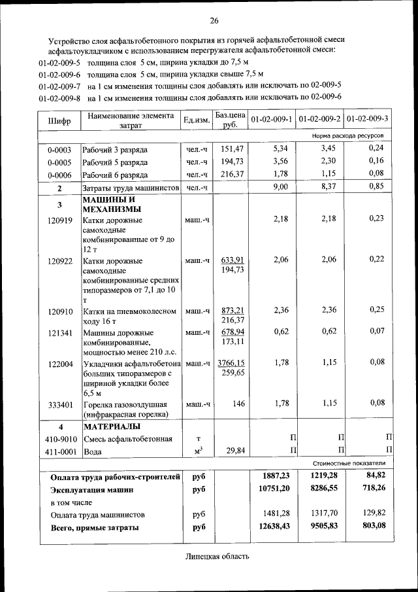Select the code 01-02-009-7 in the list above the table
(x=59, y=86)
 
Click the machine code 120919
(x=59, y=219)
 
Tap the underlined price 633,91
(x=232, y=260)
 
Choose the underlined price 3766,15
(x=231, y=362)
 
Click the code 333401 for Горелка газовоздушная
(x=59, y=404)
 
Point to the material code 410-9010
(x=59, y=438)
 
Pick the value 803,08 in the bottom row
(x=372, y=526)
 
